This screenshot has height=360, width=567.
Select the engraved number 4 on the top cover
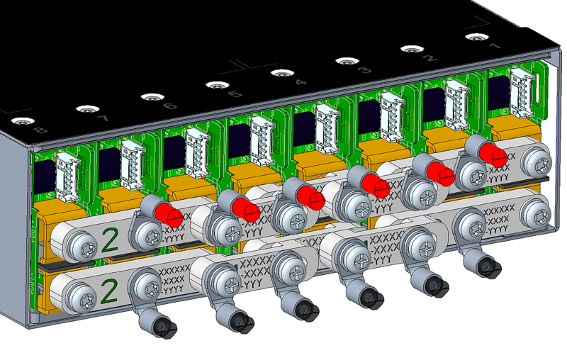[300, 82]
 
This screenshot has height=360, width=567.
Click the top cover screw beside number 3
[345, 61]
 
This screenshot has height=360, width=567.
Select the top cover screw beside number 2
[410, 49]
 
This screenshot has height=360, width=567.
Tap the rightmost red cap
[491, 153]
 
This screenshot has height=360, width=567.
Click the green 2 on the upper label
[110, 239]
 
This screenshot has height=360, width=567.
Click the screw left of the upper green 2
[77, 245]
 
